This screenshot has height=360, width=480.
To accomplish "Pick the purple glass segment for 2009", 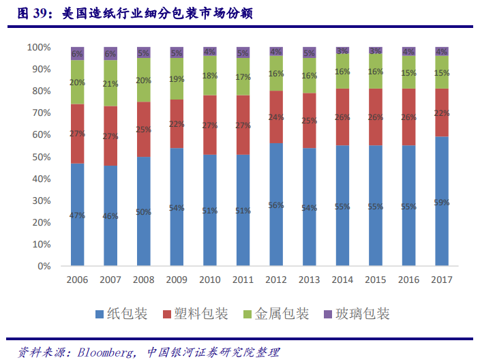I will pos(177,52).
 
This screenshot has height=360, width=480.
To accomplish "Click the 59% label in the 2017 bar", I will pos(442,202).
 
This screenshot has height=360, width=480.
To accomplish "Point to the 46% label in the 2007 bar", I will pos(110,215).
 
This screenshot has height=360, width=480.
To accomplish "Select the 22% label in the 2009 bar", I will pos(177,123).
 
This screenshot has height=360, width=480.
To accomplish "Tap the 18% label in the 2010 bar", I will pos(210,76).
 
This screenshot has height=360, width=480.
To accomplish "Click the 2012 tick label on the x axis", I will pos(276,280).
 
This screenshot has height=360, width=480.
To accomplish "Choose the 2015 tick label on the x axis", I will pos(376,280).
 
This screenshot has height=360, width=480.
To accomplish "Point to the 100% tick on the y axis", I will pos(39,47).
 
